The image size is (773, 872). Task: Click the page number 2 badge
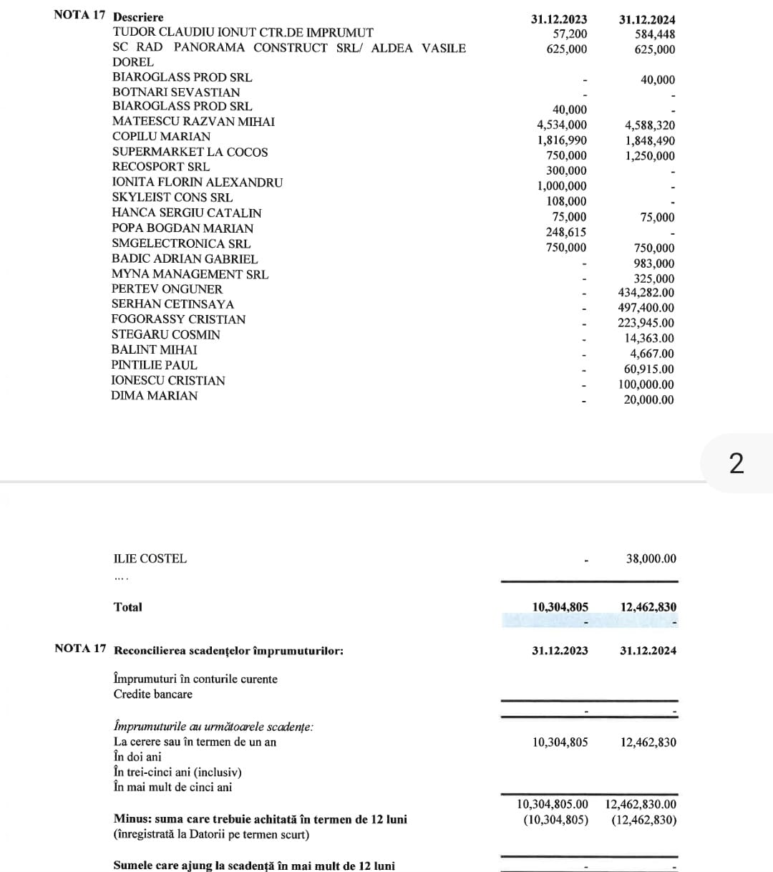(x=736, y=464)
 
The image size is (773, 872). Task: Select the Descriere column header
(x=138, y=17)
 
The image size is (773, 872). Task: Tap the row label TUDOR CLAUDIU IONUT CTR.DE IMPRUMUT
(x=243, y=32)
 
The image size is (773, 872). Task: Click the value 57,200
(x=570, y=34)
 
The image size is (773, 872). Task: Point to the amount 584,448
(x=654, y=34)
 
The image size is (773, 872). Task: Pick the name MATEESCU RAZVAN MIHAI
(x=193, y=122)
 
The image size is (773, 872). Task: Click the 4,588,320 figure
(x=649, y=125)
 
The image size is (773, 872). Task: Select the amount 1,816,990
(x=562, y=140)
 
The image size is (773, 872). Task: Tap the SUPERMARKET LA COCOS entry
(x=190, y=152)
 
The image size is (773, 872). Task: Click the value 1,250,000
(x=649, y=156)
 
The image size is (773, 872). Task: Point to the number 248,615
(x=565, y=232)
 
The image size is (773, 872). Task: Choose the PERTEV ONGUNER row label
(x=167, y=289)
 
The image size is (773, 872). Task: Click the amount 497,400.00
(x=646, y=308)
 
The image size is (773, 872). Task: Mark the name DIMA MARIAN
(x=154, y=396)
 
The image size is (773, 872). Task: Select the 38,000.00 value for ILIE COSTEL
(x=651, y=558)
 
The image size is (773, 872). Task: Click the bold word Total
(x=127, y=607)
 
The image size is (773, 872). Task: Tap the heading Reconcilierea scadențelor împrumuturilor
(x=228, y=651)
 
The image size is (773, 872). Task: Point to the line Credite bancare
(x=152, y=694)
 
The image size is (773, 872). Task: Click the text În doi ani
(x=137, y=757)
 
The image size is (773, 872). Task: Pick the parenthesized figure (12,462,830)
(x=643, y=820)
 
